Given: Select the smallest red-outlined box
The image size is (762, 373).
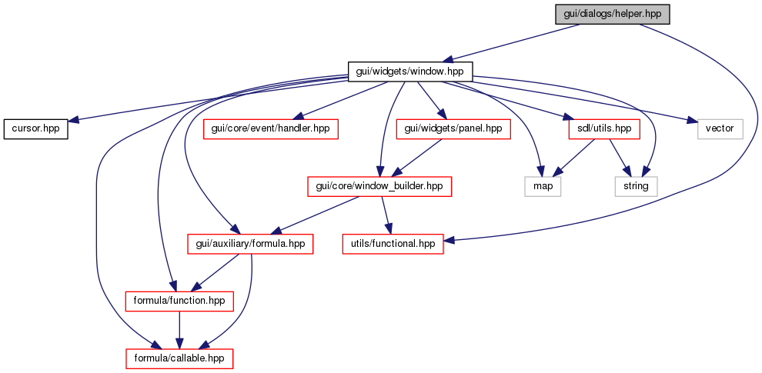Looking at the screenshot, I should point(603,129).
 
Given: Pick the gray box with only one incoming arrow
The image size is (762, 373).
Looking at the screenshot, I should point(720,129).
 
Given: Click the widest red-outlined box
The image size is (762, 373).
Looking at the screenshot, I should point(379,186).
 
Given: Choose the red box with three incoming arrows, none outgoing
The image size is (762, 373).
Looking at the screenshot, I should point(179,358).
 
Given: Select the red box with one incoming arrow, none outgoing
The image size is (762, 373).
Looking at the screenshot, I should point(270,129).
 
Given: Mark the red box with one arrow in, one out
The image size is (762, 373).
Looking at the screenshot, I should point(453,129).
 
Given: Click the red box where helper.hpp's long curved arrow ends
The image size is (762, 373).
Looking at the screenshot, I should point(393,244).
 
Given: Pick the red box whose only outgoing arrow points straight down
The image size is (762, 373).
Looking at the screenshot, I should point(179,301).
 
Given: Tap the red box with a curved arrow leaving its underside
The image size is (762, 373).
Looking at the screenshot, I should point(250,244).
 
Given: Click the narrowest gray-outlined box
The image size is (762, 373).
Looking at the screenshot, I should point(543,186).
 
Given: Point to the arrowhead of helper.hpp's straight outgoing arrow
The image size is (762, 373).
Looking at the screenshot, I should point(447,60).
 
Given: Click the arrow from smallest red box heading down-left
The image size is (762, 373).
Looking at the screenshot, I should point(574,156).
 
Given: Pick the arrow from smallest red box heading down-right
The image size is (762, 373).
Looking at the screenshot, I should point(618,156).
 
